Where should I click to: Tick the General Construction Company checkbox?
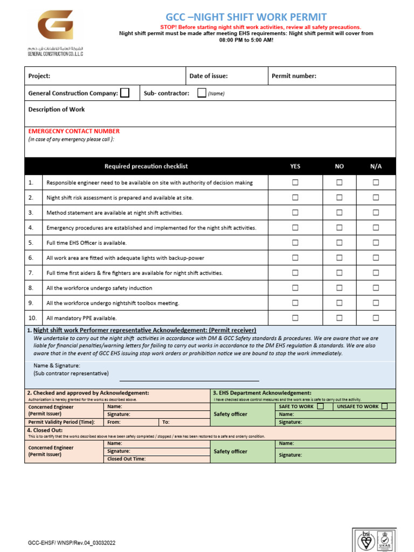tap(125, 93)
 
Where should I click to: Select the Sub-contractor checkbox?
tap(202, 93)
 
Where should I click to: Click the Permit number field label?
tap(294, 76)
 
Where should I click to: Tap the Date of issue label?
tap(209, 76)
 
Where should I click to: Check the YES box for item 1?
tap(295, 183)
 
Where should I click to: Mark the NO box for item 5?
tap(339, 243)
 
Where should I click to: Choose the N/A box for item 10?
tap(376, 318)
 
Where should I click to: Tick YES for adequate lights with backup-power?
tap(295, 258)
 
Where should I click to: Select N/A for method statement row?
tap(376, 212)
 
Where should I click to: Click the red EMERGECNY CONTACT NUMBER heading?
tap(74, 131)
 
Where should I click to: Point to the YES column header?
tap(295, 167)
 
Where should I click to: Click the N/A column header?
tap(376, 167)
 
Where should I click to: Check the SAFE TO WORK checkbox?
tap(320, 406)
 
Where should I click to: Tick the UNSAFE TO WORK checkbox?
tap(384, 406)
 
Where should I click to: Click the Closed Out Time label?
tap(126, 459)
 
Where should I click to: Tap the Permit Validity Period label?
tap(61, 422)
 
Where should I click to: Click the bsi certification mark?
tap(367, 540)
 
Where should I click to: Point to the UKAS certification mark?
tap(384, 540)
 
